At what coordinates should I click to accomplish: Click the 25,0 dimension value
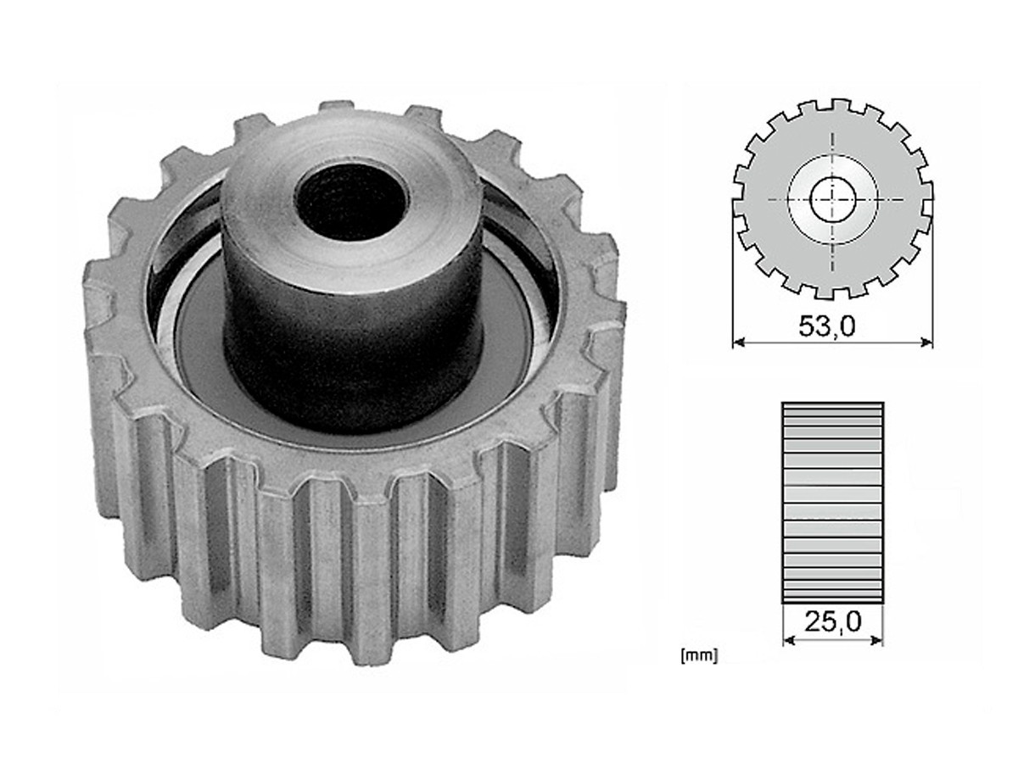[833, 622]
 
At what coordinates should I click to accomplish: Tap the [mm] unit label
[698, 655]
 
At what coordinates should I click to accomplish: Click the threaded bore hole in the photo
[350, 201]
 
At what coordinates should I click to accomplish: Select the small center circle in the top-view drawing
[832, 200]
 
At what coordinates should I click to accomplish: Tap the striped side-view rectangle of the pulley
[832, 503]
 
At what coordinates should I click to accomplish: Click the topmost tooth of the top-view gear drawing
[840, 105]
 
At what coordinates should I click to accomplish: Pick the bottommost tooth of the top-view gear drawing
[831, 292]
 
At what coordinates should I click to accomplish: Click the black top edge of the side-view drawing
[832, 404]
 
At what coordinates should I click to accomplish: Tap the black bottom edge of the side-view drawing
[832, 602]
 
